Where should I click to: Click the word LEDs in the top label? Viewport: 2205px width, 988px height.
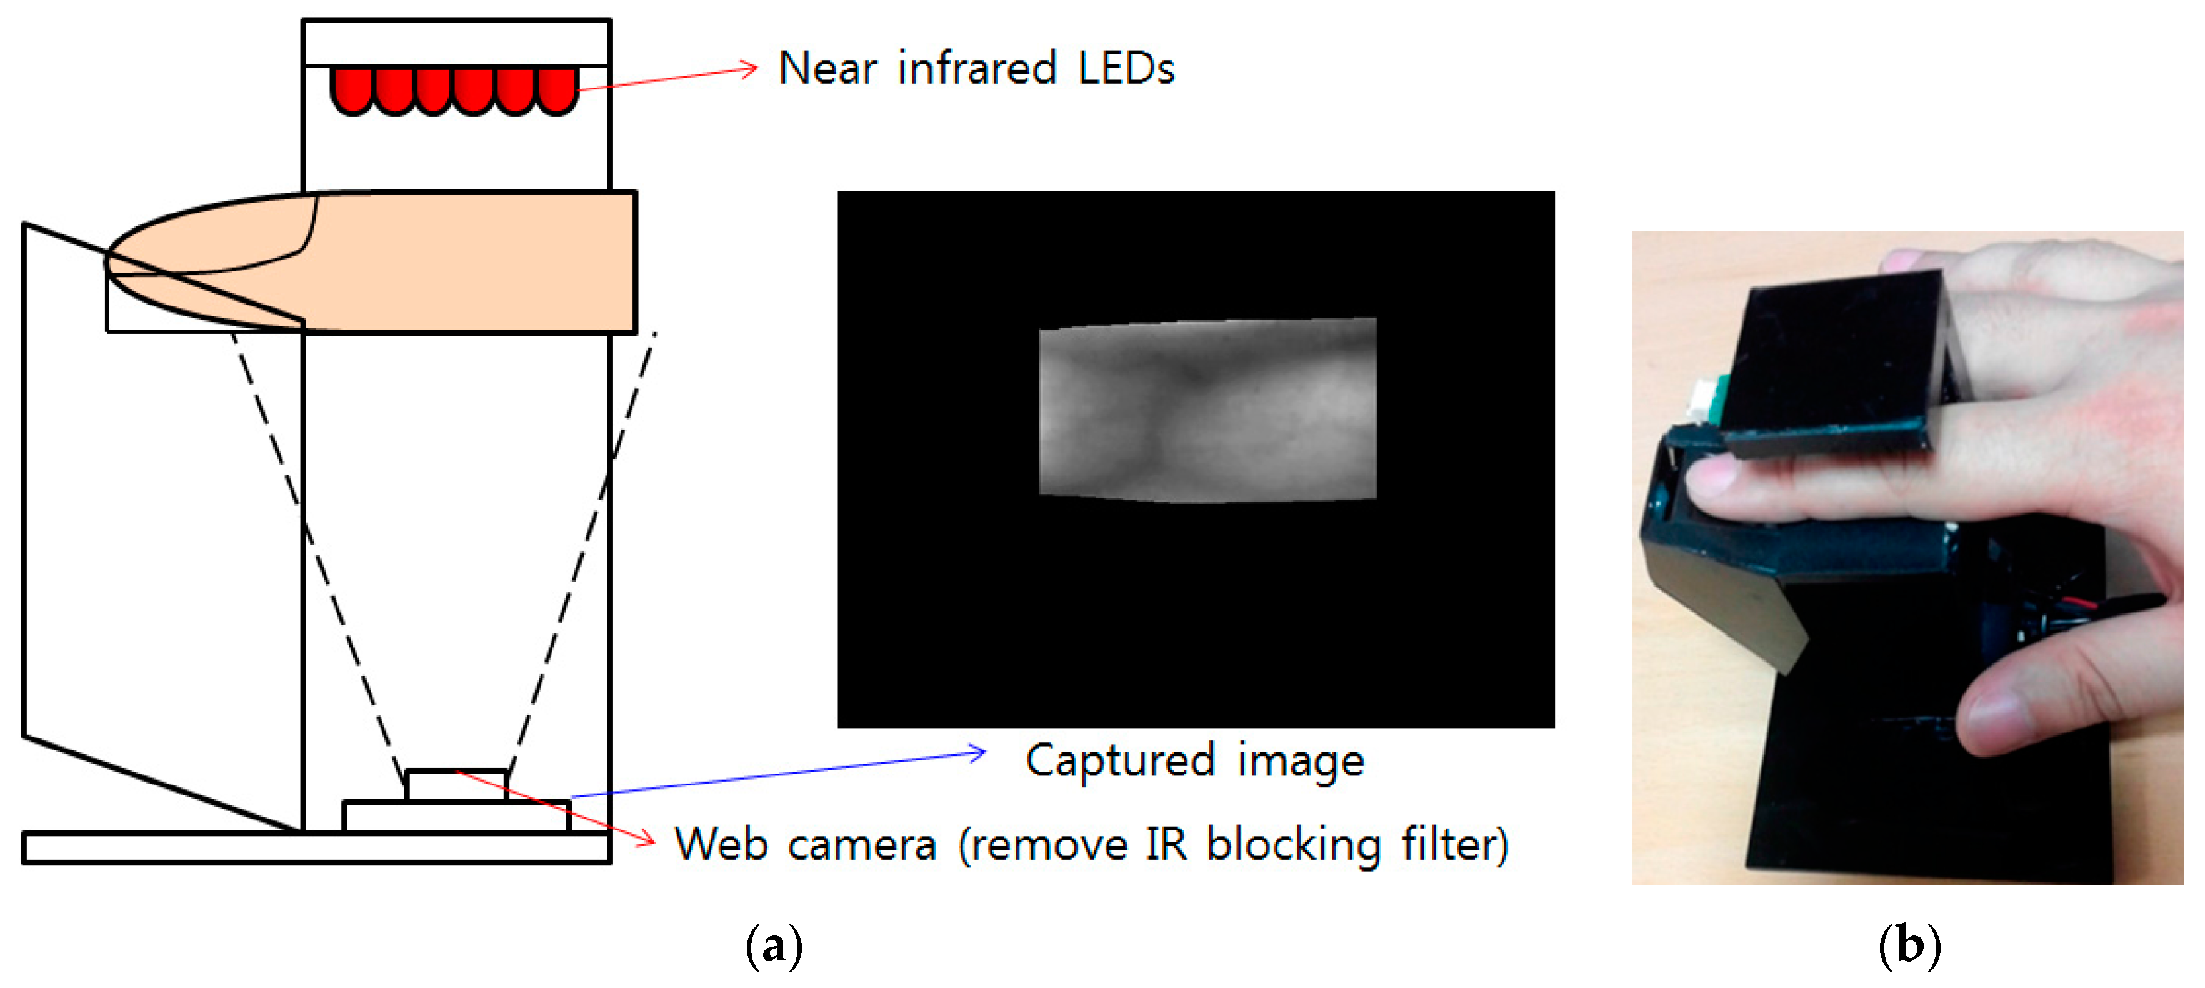pyautogui.click(x=1126, y=69)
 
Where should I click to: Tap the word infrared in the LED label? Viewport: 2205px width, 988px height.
pyautogui.click(x=977, y=69)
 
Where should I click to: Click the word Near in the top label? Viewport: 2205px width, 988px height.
pyautogui.click(x=827, y=69)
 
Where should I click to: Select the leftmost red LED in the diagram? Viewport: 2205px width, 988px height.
pyautogui.click(x=352, y=90)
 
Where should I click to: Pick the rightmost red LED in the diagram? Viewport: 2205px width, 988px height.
pyautogui.click(x=557, y=90)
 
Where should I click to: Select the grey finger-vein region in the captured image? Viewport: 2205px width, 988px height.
pyautogui.click(x=1207, y=409)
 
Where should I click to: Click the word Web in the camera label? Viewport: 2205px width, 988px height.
pyautogui.click(x=721, y=844)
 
